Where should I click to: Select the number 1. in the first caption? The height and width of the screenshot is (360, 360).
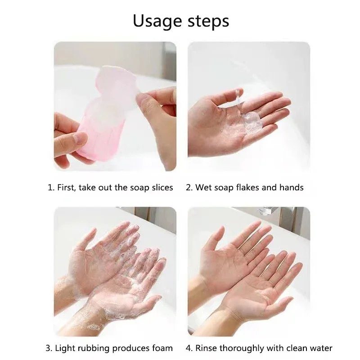pos(51,188)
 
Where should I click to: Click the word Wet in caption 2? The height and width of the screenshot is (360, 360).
pos(203,188)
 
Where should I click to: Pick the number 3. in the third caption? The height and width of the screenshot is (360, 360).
pos(49,348)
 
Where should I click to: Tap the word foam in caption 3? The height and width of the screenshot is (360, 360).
pos(162,348)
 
